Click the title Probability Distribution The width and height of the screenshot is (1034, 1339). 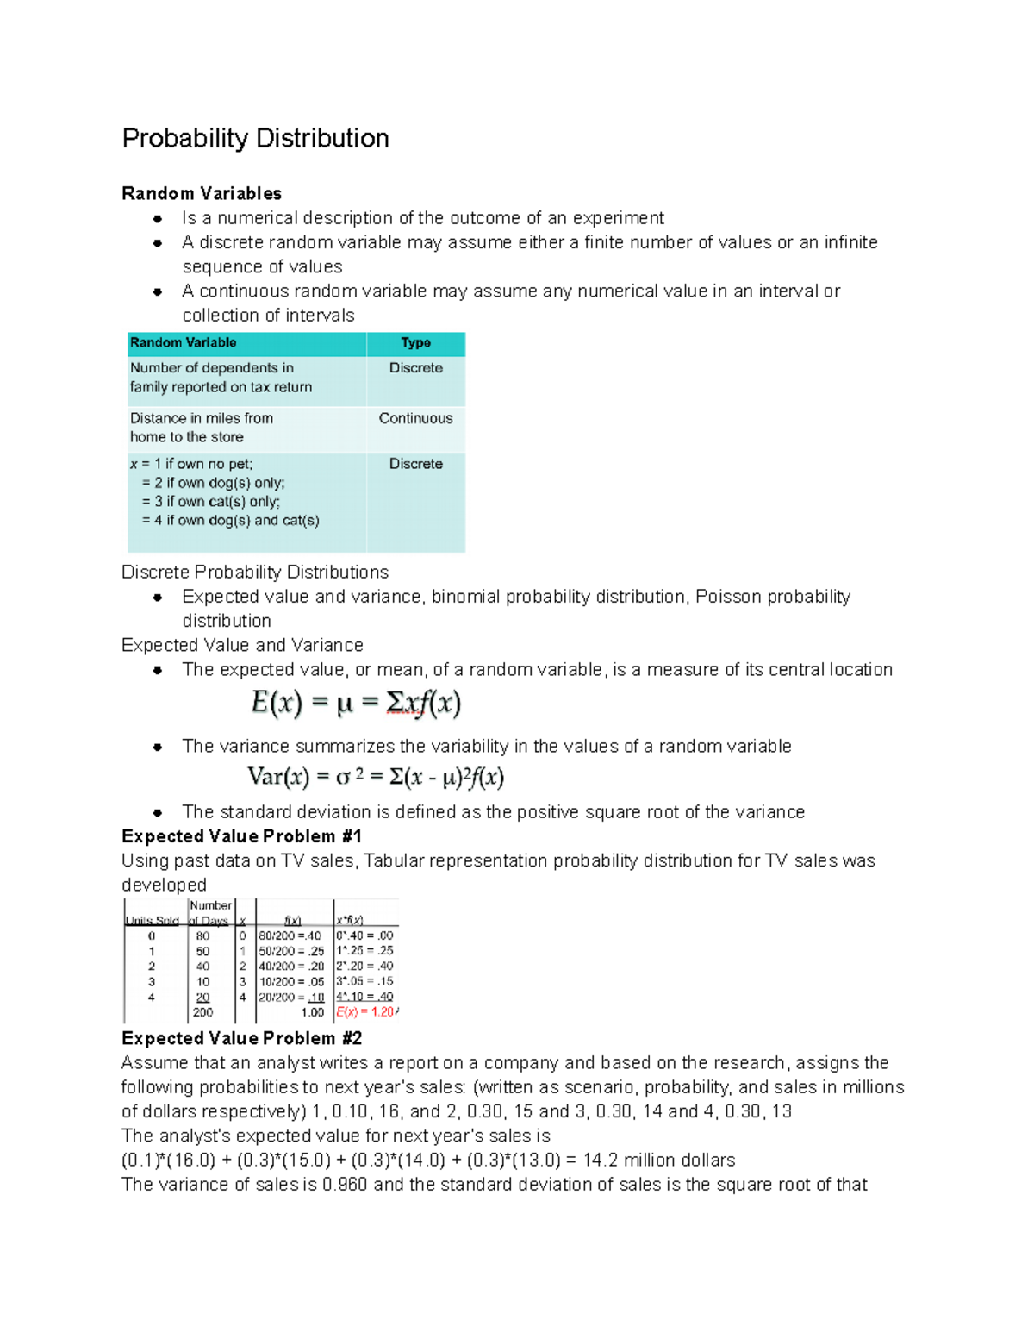pos(255,138)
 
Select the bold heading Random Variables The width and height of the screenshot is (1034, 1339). pos(202,193)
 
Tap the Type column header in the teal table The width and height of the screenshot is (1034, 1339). pos(415,343)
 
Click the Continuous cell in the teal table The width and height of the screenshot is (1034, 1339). pos(415,418)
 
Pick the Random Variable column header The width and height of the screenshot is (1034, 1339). pos(183,343)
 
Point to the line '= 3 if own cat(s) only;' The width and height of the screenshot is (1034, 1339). pos(210,502)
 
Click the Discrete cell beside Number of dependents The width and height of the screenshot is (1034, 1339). pos(415,368)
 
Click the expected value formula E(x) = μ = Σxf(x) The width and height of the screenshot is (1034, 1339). pos(356,704)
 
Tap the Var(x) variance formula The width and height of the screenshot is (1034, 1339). pos(375,777)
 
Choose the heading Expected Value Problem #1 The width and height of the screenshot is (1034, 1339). pos(241,836)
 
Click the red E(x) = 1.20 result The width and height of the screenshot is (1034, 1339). pos(365,1012)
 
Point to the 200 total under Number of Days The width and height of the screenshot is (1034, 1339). pos(202,1012)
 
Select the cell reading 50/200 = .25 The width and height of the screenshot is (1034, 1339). pos(291,951)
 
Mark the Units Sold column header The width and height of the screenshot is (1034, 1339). pos(153,921)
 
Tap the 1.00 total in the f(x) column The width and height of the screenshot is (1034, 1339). pos(312,1012)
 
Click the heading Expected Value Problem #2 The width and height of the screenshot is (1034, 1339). pos(241,1038)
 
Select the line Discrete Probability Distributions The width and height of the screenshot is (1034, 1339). pos(255,573)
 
